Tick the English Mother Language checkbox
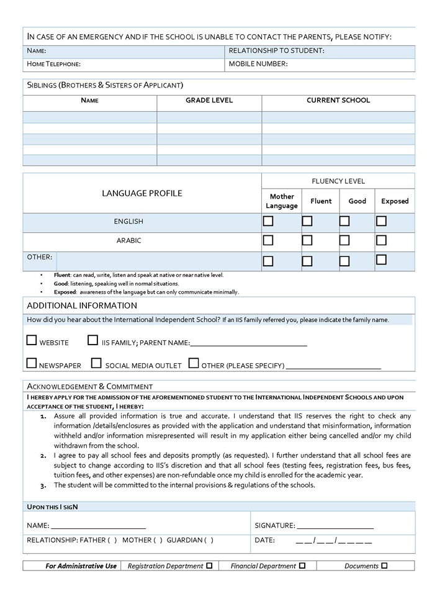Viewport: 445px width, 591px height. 268,221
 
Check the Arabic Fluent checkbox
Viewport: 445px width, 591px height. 307,240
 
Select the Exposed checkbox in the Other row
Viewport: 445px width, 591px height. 382,259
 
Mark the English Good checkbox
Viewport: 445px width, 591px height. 344,221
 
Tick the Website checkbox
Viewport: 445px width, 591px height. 32,340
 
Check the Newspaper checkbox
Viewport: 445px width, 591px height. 32,363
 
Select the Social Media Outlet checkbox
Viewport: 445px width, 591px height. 96,363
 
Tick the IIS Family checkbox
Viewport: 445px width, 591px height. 92,340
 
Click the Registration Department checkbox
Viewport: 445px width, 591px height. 209,566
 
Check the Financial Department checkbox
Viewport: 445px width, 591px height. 302,566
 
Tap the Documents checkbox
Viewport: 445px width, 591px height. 385,566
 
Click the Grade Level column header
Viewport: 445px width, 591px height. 209,101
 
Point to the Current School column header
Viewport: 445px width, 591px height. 338,101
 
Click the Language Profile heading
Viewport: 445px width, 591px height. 142,194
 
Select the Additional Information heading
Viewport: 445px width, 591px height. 82,305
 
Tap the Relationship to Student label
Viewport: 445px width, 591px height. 277,51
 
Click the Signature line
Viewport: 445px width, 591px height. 335,525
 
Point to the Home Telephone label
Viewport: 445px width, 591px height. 54,64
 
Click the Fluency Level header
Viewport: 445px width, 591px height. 338,181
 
